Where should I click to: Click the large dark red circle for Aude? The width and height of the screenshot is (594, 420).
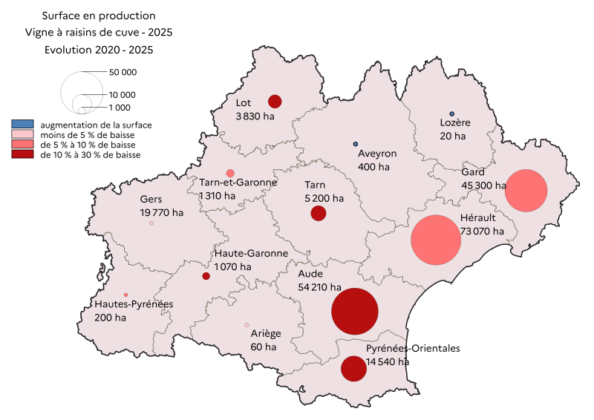coord(360,312)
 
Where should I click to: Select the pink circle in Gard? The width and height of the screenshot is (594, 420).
coord(526,191)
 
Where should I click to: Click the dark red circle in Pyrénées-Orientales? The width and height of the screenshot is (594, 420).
coord(353,369)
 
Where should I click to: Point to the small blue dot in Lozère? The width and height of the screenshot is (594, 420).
coord(451,114)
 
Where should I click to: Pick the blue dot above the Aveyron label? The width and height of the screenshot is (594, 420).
coord(356,144)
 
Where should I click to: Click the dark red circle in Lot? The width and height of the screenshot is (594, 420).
coord(275,102)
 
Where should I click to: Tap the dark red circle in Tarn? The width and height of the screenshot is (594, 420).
coord(319,214)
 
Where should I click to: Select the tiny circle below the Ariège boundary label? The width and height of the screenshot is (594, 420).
coord(247,325)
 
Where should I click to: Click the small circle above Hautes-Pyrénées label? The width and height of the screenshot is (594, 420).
coord(125,295)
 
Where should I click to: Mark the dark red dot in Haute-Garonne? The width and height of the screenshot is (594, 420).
coord(206,276)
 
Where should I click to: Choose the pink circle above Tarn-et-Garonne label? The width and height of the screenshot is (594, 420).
coord(230,173)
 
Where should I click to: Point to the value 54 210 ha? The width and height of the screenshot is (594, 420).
coord(319,287)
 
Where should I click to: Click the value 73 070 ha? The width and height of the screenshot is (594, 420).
coord(482,231)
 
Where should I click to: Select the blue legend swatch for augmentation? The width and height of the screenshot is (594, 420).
coord(23,124)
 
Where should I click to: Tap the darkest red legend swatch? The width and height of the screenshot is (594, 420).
coord(23,154)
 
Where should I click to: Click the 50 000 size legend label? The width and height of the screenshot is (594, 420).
coord(123,73)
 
